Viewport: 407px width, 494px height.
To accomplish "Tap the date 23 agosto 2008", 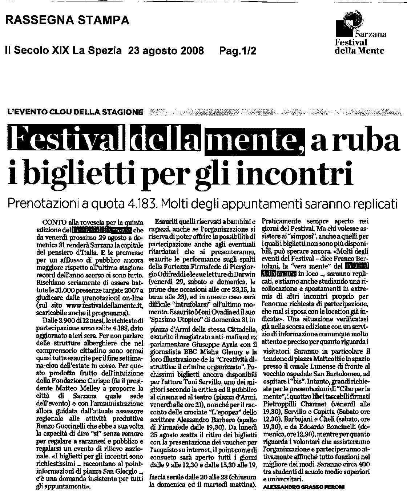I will [x=166, y=51].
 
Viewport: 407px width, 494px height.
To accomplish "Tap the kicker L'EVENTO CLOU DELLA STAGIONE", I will [x=75, y=112].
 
